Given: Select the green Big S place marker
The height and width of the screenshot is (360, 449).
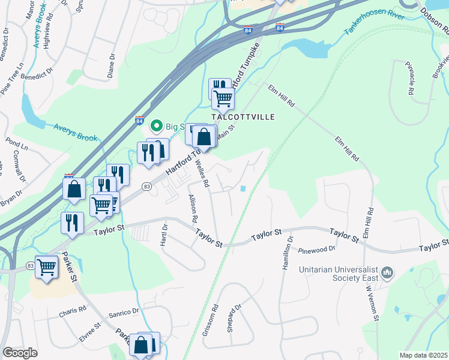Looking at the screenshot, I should [157, 125].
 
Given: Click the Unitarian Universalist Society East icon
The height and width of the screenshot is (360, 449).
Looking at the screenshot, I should [387, 274].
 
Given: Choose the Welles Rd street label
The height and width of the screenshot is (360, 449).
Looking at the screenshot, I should [201, 174].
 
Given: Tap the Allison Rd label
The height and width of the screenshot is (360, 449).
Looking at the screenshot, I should [193, 208].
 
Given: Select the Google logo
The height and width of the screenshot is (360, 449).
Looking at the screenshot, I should [20, 353].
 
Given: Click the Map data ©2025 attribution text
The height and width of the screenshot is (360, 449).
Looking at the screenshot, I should [423, 355].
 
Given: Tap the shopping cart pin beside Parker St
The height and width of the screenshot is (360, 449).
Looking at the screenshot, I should [46, 267].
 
